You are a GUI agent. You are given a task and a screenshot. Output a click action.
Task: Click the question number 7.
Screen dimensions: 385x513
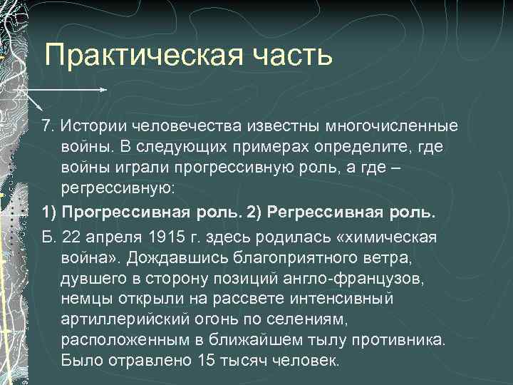(47, 125)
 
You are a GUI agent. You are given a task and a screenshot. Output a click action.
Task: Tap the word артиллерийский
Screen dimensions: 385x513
(128, 318)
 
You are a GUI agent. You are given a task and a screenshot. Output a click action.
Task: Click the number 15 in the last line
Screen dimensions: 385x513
(205, 359)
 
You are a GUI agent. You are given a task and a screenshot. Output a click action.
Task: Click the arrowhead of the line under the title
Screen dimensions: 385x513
(104, 91)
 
